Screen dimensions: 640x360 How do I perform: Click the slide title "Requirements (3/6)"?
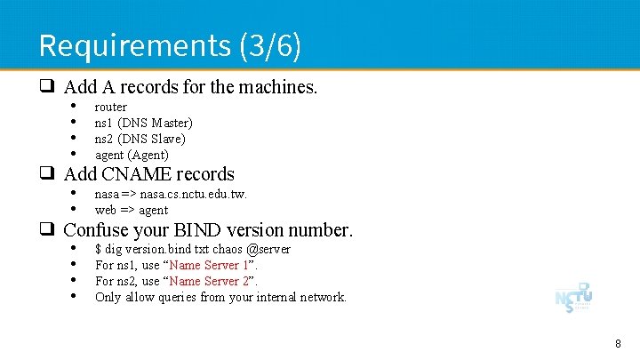[x=170, y=44]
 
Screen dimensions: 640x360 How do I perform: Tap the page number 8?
[x=618, y=343]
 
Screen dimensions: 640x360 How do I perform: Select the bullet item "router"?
[x=111, y=107]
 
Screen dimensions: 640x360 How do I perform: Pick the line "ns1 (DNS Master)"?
[x=143, y=123]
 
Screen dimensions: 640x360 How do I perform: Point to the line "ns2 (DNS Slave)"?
[x=140, y=139]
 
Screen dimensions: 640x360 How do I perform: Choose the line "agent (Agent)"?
[x=132, y=155]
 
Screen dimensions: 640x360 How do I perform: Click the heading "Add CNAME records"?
[x=148, y=174]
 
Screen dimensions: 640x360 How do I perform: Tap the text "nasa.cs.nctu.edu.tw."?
[x=193, y=194]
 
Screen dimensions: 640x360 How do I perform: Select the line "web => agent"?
[x=132, y=210]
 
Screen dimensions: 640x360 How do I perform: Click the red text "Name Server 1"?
[x=210, y=265]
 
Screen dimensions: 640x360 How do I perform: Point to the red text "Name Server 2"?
[x=210, y=281]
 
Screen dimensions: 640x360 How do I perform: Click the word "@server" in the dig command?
[x=268, y=249]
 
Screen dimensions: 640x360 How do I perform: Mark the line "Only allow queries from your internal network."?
[x=220, y=297]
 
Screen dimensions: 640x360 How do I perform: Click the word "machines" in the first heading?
[x=277, y=87]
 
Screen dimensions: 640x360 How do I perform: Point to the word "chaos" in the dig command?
[x=223, y=249]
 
